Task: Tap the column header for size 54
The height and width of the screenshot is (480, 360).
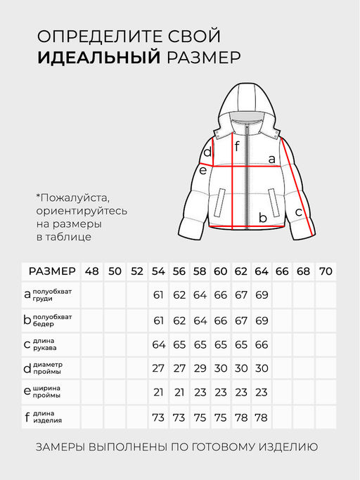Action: point(158,271)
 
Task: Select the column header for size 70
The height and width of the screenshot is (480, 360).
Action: point(326,271)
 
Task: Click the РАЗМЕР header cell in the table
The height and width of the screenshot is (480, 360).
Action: point(51,271)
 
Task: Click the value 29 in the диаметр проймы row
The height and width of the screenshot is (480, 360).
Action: point(200,368)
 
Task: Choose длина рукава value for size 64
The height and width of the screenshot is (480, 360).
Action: point(262,344)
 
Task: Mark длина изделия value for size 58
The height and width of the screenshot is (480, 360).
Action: point(200,417)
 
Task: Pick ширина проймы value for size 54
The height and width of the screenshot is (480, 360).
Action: point(158,392)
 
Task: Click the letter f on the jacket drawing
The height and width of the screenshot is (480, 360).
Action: point(237,146)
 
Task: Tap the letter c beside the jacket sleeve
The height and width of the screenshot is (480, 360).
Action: point(298,211)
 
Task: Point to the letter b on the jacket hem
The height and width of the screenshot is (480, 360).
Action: point(262,218)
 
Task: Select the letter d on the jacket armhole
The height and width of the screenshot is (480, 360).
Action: point(207,153)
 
